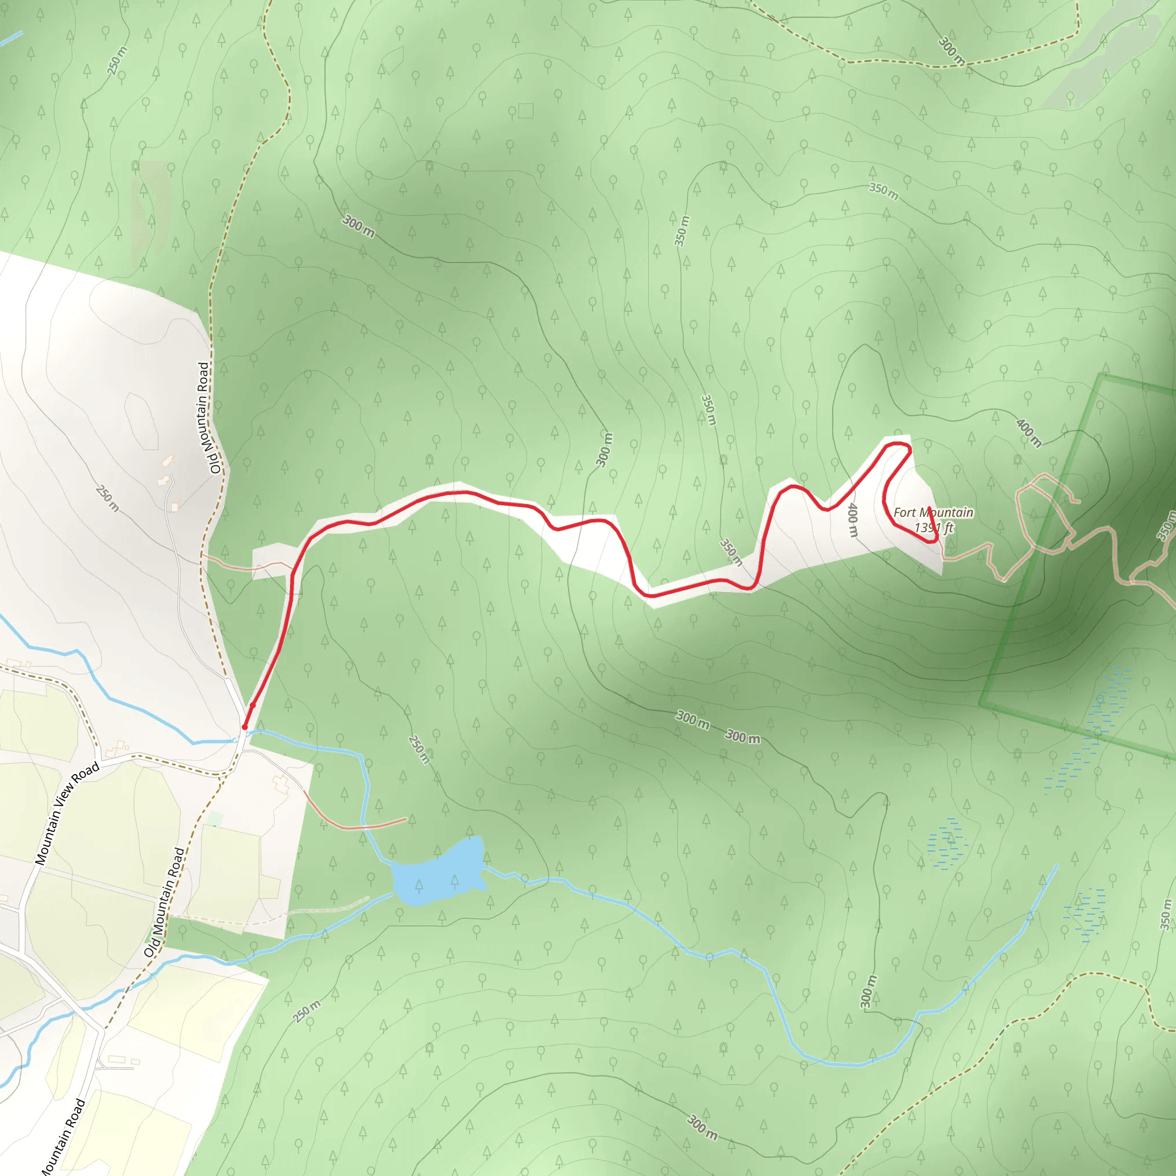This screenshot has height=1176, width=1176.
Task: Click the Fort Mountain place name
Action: point(933,513)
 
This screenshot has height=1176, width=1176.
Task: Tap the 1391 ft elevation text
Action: point(934,527)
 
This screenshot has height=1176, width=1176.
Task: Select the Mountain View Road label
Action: point(67,813)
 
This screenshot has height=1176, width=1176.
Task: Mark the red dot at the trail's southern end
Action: point(245,727)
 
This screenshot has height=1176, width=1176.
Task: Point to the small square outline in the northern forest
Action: point(526,110)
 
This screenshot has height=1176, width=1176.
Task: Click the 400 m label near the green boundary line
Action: point(1028,433)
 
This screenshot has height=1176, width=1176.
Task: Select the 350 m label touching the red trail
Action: point(731,551)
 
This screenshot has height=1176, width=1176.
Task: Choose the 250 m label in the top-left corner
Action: point(118,60)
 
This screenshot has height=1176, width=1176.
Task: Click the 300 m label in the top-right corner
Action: point(951,51)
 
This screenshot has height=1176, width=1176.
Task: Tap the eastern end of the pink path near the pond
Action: point(405,819)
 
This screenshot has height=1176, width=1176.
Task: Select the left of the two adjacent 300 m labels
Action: point(693,719)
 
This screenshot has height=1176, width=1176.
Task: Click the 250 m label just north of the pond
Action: point(419,749)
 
